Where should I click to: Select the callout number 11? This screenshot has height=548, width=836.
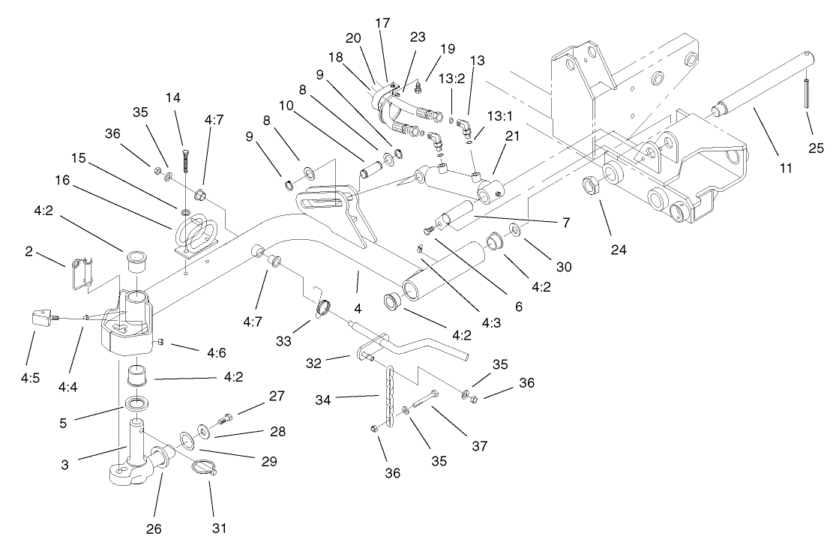[x=785, y=169]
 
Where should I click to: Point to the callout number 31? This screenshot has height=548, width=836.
[x=218, y=529]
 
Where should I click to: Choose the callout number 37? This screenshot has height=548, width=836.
[x=480, y=446]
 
